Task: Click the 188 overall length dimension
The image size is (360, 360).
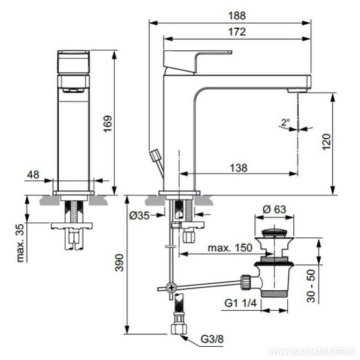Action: [237, 16]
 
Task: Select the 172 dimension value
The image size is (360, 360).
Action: [237, 32]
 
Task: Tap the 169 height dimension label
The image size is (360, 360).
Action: [108, 124]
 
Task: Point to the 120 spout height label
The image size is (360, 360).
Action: [326, 142]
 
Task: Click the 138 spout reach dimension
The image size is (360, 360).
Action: [239, 168]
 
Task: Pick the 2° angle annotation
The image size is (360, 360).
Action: [285, 122]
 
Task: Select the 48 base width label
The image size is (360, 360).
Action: [33, 175]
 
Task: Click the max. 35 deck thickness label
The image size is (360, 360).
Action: [20, 243]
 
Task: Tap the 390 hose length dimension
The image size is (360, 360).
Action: [119, 263]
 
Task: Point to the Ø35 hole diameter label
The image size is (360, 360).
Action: [139, 215]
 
